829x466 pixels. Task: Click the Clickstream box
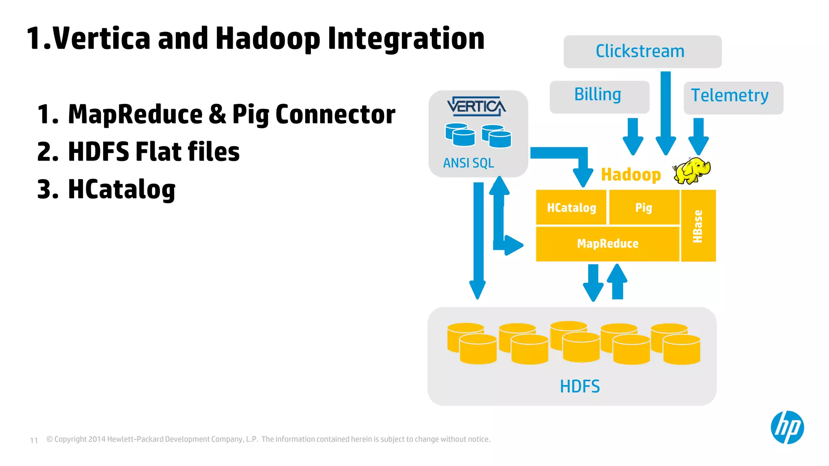point(642,51)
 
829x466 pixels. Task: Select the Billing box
point(599,96)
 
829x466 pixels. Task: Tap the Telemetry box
point(733,97)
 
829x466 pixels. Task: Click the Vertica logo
point(476,107)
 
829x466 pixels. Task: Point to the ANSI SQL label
point(468,163)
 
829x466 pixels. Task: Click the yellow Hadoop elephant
point(692,170)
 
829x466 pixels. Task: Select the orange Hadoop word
point(631,175)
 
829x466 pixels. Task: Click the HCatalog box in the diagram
point(571,208)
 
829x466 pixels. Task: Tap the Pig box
point(644,208)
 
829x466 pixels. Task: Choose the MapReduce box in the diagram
point(607,244)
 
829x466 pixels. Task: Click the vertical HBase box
point(698,226)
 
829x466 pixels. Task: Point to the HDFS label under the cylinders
point(580,386)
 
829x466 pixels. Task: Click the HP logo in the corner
point(787,427)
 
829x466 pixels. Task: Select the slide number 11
point(34,440)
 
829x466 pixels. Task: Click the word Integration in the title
point(406,38)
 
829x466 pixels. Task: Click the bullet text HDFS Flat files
point(154,152)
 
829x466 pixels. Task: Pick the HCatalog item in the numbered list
point(121,189)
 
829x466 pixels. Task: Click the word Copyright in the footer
point(70,439)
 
